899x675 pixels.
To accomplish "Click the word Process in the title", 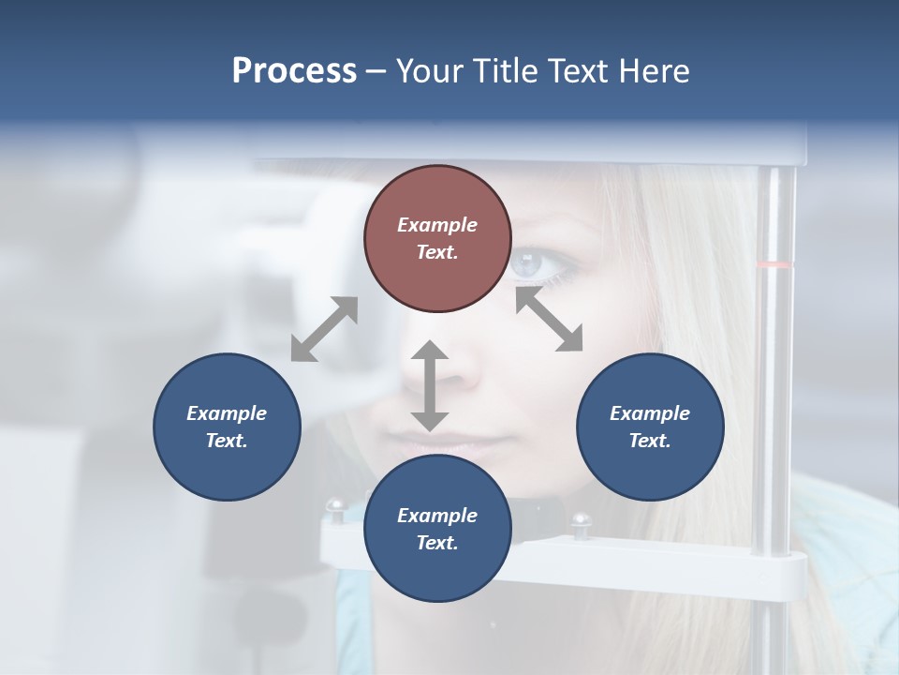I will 294,71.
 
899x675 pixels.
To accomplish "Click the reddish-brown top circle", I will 437,238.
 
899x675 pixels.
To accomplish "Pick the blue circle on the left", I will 227,427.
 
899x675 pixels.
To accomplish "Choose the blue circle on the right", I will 650,427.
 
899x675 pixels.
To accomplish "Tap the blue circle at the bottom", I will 437,529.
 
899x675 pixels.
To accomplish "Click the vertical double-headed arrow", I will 430,385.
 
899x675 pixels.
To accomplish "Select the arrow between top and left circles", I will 324,329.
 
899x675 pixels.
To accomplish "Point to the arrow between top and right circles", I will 549,319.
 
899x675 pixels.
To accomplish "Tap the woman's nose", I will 459,370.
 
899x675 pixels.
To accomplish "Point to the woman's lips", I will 449,441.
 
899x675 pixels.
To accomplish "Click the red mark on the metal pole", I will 774,265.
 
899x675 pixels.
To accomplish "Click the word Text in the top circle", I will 436,252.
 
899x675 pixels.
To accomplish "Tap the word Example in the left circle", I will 227,413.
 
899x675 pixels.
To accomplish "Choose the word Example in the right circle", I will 650,413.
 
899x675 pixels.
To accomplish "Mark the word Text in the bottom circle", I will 436,543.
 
